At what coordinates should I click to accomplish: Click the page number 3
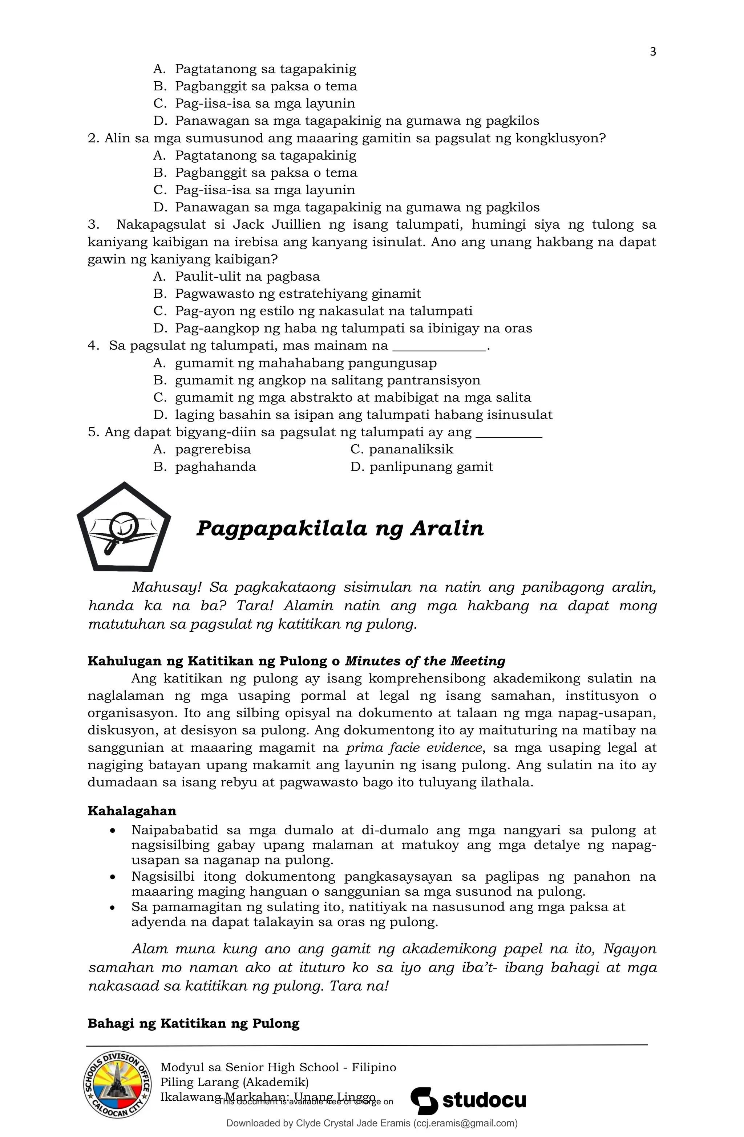click(x=653, y=52)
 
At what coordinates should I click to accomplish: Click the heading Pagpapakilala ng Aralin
click(x=340, y=528)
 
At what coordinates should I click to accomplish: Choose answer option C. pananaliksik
click(x=402, y=449)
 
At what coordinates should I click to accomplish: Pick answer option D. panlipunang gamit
click(x=421, y=467)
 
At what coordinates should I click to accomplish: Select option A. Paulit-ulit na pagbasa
click(x=237, y=277)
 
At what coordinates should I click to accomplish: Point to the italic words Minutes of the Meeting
click(x=425, y=661)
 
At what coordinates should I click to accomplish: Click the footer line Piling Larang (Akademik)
click(x=234, y=1082)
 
